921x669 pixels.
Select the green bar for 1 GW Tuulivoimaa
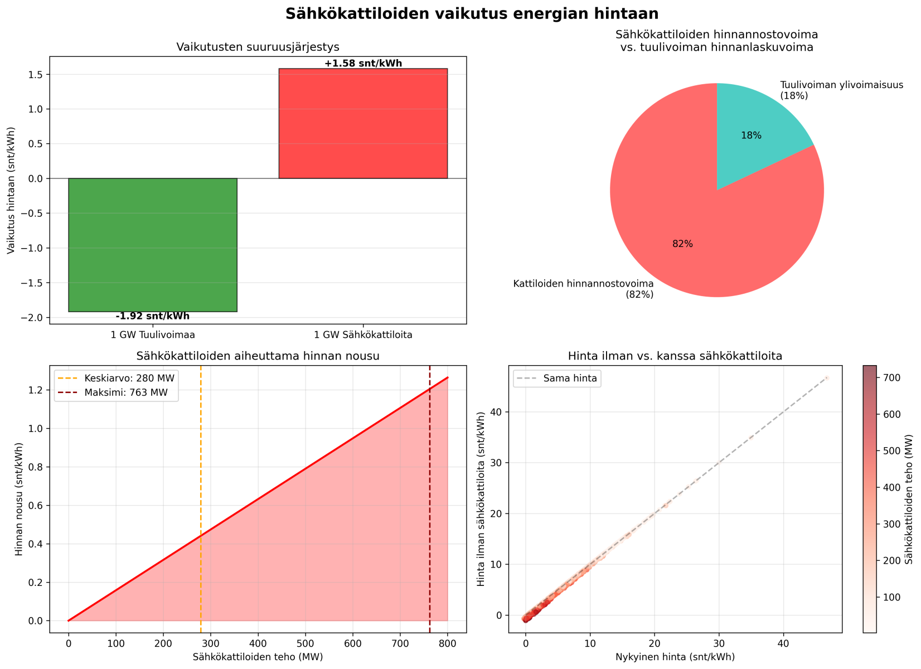pyautogui.click(x=153, y=245)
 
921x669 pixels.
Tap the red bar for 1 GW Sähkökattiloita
pyautogui.click(x=363, y=123)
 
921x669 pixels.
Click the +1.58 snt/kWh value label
pyautogui.click(x=363, y=64)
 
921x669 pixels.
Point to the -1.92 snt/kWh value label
pyautogui.click(x=153, y=317)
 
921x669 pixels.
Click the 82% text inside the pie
pyautogui.click(x=682, y=244)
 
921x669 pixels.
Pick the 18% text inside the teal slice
pyautogui.click(x=751, y=135)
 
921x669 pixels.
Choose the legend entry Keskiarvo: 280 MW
pyautogui.click(x=129, y=379)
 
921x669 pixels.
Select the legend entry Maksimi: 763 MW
pyautogui.click(x=129, y=392)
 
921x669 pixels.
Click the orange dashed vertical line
pyautogui.click(x=201, y=502)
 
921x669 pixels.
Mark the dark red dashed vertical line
pyautogui.click(x=430, y=502)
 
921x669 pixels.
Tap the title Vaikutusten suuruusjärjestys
pyautogui.click(x=258, y=47)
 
